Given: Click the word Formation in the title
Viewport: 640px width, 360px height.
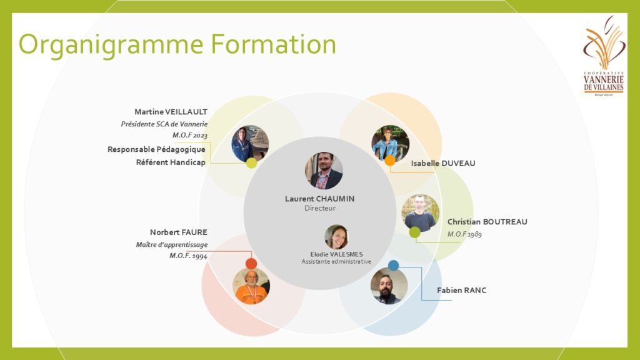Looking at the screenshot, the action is pos(274,44).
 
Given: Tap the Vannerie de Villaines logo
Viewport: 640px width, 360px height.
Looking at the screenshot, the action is pos(604,56).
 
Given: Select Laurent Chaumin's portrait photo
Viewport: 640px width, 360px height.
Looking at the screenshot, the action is pos(324,171).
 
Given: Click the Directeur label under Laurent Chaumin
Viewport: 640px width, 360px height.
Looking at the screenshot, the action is pos(320,208).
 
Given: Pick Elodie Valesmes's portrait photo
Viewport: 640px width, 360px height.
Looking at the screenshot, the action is pos(336,237).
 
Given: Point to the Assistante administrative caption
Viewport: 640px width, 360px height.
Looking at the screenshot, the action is pos(336,262).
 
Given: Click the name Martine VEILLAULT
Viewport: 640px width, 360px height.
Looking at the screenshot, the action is pos(171,112).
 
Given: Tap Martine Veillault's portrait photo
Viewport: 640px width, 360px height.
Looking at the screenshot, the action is pos(250,144).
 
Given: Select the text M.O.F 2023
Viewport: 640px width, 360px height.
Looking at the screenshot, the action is pos(190,135).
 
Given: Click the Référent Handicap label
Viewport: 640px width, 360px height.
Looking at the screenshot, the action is pos(171,162).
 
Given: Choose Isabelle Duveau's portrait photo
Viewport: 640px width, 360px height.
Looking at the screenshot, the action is pos(390,144).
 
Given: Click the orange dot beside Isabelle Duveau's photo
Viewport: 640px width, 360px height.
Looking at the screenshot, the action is pos(390,161).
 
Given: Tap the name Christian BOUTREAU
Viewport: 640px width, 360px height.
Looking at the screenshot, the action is pos(487,222).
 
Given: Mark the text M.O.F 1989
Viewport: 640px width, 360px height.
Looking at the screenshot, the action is pos(464,234).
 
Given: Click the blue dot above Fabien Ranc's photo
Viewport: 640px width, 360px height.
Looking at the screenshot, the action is pos(393,266).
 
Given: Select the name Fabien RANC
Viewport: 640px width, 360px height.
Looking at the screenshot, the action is pos(462,291).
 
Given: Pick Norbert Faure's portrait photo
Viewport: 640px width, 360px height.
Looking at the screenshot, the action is pos(251,286).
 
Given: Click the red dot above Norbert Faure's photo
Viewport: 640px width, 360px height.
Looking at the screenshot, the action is pos(251,264).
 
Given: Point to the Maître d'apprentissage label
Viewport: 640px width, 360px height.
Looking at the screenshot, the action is pos(172,245).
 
